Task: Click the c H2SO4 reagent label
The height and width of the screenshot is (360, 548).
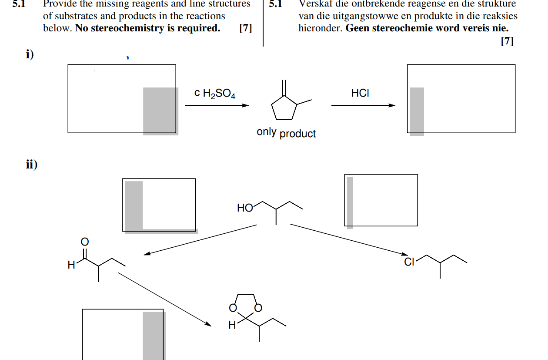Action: [215, 94]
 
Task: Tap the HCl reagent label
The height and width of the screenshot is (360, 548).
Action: [360, 93]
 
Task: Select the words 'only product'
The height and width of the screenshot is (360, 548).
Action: [286, 133]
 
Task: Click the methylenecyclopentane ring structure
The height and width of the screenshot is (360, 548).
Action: [284, 109]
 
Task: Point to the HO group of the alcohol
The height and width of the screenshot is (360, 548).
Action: [245, 208]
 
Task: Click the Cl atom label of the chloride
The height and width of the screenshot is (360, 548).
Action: [409, 262]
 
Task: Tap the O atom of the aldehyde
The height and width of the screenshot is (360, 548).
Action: [85, 242]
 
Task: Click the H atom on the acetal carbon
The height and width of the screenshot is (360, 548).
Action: [232, 324]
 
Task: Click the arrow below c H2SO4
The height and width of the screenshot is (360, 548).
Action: [217, 105]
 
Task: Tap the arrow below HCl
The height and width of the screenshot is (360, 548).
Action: [363, 105]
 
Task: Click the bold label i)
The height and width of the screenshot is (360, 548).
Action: [30, 54]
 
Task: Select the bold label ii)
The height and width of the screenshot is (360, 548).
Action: [31, 165]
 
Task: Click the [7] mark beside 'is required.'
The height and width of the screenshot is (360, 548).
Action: [246, 29]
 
